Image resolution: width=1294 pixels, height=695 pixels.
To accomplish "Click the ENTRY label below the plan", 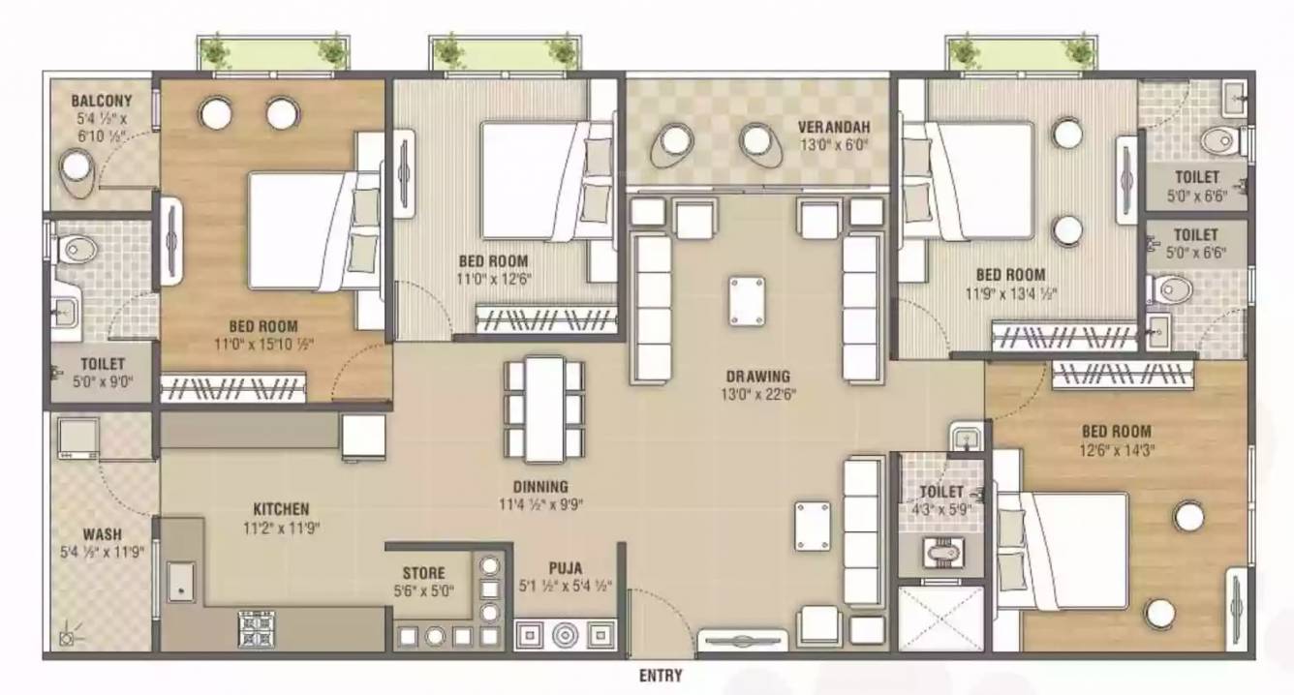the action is coord(661,676).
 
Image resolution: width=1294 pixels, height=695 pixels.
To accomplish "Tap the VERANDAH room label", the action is coord(834,127).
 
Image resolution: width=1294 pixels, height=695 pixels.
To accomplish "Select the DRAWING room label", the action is coord(758,377).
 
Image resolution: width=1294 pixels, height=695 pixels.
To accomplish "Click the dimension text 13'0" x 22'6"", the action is coord(758,395).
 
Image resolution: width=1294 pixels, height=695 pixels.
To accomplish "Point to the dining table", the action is coord(544,409).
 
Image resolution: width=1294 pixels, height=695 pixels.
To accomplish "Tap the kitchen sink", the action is coord(181,582).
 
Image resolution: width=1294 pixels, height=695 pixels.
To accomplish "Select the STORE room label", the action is coord(423,573).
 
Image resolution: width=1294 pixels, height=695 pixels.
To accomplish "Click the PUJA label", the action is coord(566,568).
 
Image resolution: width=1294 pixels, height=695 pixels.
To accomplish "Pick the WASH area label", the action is coord(103,534).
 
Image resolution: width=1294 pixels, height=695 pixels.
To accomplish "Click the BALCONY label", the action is coord(102,101).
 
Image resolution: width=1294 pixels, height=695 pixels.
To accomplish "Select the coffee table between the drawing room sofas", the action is coord(747,301).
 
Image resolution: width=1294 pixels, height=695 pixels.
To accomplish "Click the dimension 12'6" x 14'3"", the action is coord(1117,450).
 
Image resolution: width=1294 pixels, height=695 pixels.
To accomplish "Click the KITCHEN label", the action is coord(281,509).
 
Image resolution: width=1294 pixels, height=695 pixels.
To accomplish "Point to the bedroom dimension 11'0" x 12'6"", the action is coord(493,280).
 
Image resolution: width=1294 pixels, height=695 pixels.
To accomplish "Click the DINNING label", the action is coord(540,487).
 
